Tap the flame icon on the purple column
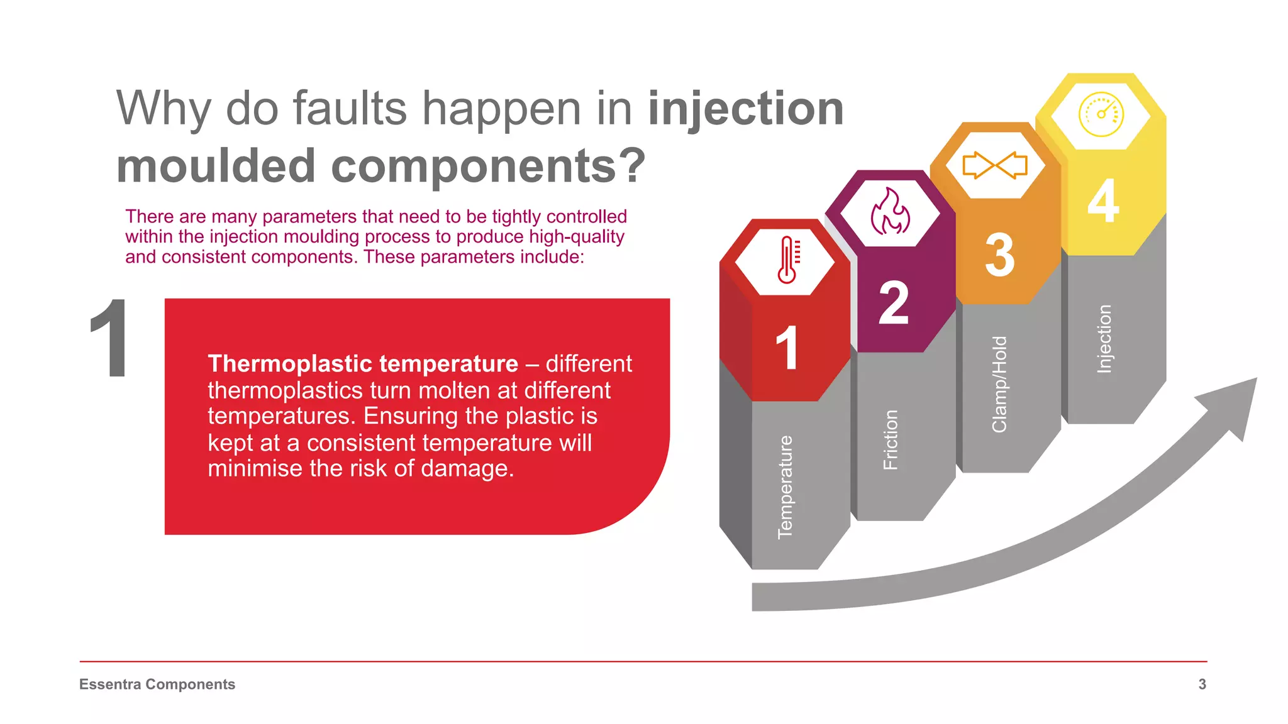tap(890, 212)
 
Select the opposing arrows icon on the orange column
tap(995, 165)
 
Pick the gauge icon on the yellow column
tap(1101, 114)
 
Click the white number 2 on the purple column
tap(893, 303)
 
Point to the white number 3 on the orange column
tap(999, 255)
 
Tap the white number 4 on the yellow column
tap(1104, 201)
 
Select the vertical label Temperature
tap(786, 487)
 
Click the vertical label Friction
tap(891, 440)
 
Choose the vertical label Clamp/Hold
tap(999, 384)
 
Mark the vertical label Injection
tap(1104, 339)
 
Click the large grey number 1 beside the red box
tap(110, 339)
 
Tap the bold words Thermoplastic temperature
tap(363, 364)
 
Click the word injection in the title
tap(745, 109)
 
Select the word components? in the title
tap(488, 166)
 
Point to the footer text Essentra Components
tap(157, 684)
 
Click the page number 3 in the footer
tap(1202, 684)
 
